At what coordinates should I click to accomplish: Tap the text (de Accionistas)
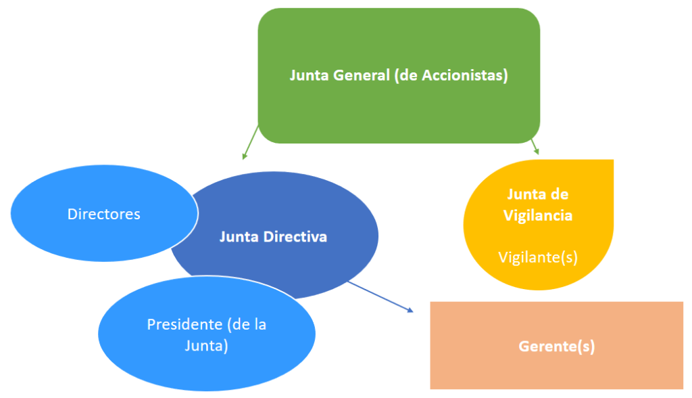pos(450,75)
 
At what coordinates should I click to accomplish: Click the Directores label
pos(104,214)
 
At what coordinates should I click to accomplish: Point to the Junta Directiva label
pos(273,237)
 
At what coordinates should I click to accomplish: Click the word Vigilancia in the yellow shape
pos(538,215)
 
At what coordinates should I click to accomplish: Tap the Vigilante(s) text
pos(538,257)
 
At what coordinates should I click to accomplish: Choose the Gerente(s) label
pos(557,347)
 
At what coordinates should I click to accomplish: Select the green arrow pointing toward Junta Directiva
pos(251,141)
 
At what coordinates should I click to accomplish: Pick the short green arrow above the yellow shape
pos(535,146)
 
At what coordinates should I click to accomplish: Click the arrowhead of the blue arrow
pos(410,310)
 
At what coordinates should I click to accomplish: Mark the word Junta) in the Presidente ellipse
pos(207,345)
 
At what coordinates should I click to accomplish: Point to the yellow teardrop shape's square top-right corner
pos(610,163)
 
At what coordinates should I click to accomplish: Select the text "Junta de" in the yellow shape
pos(538,194)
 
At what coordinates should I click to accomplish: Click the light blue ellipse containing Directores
pos(54,230)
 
